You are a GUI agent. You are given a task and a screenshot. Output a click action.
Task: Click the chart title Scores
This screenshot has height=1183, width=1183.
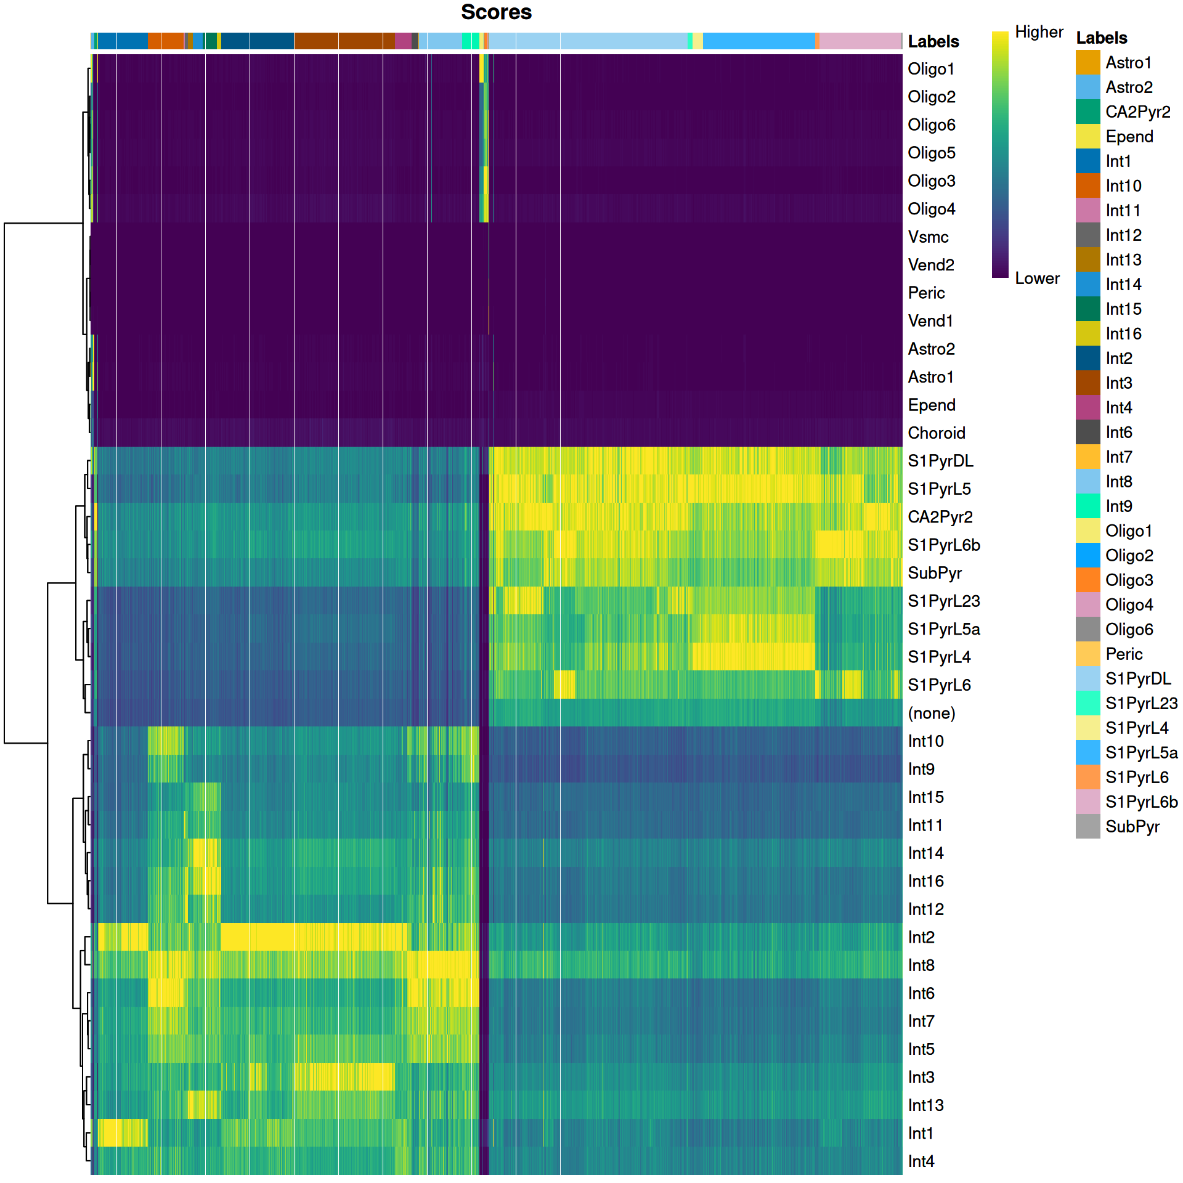coord(496,12)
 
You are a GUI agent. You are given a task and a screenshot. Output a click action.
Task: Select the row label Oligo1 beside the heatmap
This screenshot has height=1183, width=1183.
coord(931,69)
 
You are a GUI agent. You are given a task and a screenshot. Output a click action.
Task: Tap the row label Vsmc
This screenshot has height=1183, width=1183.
coord(928,237)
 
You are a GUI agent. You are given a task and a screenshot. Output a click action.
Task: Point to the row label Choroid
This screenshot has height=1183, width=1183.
coord(936,433)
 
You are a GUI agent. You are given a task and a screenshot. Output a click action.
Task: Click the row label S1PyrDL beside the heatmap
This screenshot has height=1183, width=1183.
coord(940,461)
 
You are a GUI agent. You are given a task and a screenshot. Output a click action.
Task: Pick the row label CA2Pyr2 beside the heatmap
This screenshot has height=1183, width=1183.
coord(940,517)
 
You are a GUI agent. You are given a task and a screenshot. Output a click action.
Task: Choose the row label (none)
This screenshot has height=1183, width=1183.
coord(931,713)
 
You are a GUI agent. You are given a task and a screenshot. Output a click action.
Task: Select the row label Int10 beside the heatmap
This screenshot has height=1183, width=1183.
coord(925,741)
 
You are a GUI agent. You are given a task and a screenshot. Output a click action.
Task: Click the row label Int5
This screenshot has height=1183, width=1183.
coord(921,1049)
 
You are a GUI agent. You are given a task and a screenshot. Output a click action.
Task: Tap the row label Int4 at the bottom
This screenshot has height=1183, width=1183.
coord(921,1161)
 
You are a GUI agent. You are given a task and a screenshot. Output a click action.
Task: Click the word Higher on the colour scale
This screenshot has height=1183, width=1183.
coord(1039,32)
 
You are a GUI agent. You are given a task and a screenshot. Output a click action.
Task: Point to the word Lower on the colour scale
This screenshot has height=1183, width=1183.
coord(1037,278)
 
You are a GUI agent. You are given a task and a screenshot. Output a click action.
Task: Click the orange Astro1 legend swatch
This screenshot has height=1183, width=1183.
coord(1087,63)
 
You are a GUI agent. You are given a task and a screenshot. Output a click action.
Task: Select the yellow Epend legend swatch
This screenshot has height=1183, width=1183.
coord(1087,137)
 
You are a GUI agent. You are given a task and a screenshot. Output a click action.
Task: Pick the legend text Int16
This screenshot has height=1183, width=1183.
coord(1123,334)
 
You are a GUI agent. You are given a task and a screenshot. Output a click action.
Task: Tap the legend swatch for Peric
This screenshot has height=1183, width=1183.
coord(1087,654)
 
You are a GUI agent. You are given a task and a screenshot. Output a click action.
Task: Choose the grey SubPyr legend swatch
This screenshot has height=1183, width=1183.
coord(1087,827)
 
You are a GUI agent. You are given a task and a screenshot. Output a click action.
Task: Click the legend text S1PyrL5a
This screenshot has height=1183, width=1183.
coord(1141,753)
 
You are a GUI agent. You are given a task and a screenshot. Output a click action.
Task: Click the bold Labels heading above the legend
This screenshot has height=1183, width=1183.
coord(1101,38)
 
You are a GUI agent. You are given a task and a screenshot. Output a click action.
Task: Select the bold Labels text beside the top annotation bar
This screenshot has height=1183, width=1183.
coord(933,42)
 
